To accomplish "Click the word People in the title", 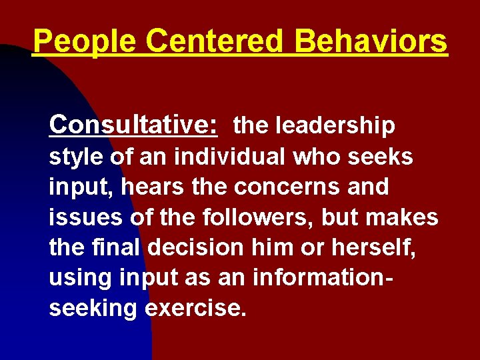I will tap(85, 41).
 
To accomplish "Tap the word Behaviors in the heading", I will tap(371, 41).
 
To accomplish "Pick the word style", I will tap(74, 159).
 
